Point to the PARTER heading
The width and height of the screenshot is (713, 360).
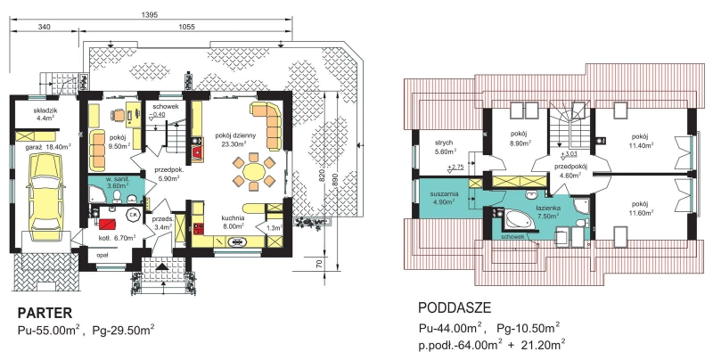click(x=45, y=313)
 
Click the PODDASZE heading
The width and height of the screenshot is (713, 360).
click(x=455, y=307)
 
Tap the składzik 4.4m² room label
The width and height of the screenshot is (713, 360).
click(x=45, y=114)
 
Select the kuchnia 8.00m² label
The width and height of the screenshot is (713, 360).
click(x=234, y=221)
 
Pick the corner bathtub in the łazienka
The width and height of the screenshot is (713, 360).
click(x=523, y=220)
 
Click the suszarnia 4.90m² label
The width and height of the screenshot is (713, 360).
click(x=444, y=198)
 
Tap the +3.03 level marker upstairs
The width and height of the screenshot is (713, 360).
click(x=569, y=154)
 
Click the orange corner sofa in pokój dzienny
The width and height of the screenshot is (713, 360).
click(x=269, y=122)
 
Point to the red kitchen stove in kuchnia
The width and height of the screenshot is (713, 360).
click(x=198, y=228)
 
